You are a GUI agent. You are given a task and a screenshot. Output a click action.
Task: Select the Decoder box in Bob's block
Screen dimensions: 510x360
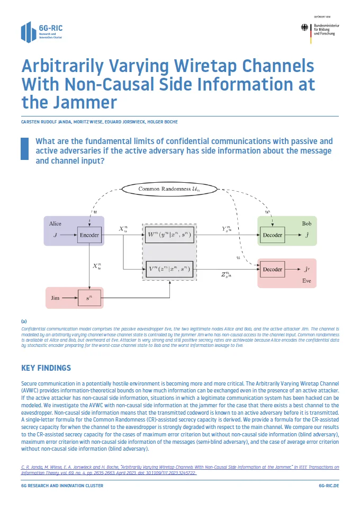[x=273, y=234]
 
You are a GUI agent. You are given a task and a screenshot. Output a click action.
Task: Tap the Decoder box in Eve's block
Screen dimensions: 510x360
[x=273, y=269]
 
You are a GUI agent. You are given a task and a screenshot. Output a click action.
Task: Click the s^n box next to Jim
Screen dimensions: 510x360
[x=89, y=299]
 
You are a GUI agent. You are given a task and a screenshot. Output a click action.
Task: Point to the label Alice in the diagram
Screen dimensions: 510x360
[x=55, y=223]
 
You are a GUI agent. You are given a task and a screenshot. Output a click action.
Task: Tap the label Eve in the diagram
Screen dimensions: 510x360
[x=307, y=280]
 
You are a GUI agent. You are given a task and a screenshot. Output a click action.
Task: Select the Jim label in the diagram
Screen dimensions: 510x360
[x=55, y=299]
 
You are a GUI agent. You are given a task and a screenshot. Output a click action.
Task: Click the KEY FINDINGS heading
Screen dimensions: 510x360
[x=46, y=368]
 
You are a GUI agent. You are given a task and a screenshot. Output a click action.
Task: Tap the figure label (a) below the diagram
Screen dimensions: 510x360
[x=24, y=321]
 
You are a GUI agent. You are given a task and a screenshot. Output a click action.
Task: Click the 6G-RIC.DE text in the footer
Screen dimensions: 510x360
[x=328, y=499]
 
